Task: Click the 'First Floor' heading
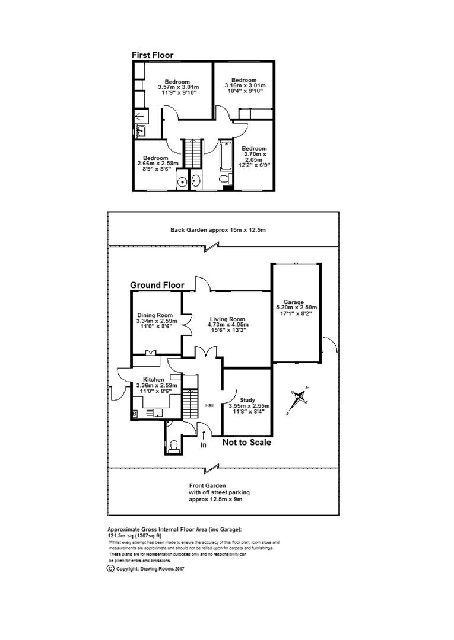click(x=153, y=55)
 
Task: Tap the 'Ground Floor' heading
click(x=157, y=285)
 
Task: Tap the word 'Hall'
click(x=209, y=406)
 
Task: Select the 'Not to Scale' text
click(x=247, y=442)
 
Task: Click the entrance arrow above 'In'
click(x=204, y=436)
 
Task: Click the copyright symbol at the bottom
click(x=110, y=569)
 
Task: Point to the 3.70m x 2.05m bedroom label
click(x=255, y=157)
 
